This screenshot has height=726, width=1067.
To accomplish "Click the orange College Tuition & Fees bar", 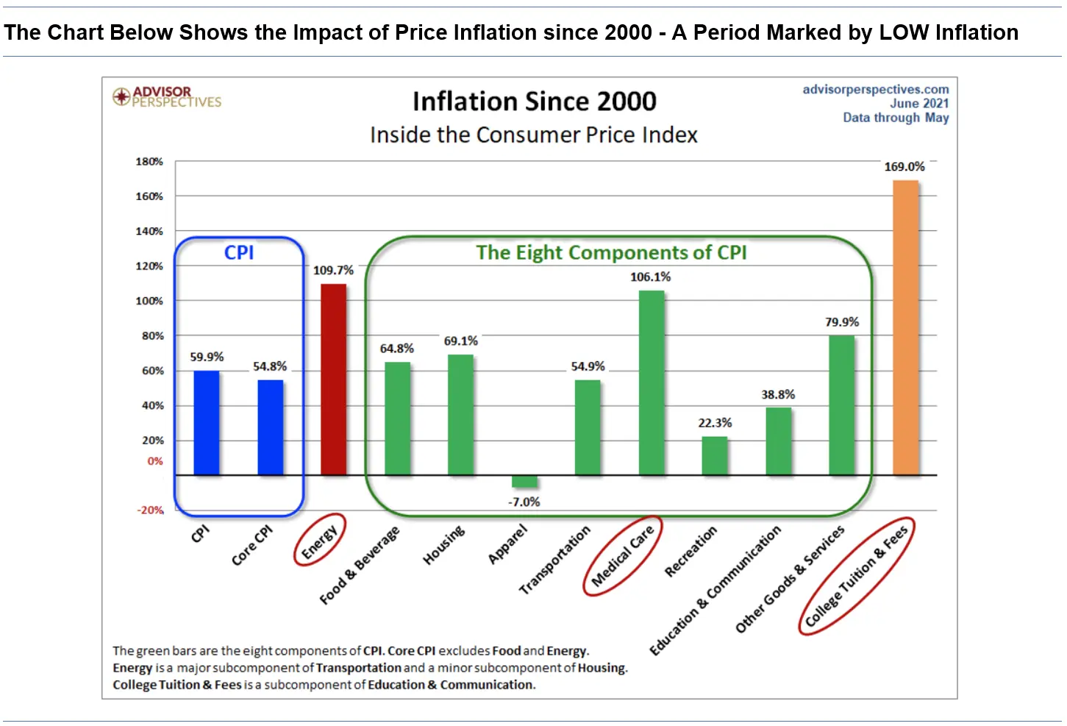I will coord(905,327).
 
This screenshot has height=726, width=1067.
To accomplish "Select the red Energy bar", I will coord(333,380).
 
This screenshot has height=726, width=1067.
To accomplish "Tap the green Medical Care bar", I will coord(651,382).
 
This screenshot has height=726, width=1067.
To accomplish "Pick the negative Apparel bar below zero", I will coord(524,482).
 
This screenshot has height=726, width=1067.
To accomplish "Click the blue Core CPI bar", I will coord(270,427).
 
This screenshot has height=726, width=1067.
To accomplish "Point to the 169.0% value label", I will coord(904,167).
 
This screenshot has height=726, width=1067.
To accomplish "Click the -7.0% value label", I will coord(524,502).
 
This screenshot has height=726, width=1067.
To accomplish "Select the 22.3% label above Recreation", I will coord(715,423).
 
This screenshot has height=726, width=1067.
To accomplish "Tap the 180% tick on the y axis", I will coord(149,161).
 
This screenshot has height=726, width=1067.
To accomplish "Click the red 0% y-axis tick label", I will coord(154,461).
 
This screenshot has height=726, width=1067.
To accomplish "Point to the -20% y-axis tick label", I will coord(151,510).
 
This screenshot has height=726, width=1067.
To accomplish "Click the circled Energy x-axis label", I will coord(319,541).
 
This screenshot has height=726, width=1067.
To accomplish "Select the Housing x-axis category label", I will coord(443,544).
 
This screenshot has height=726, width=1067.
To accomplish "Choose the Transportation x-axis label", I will coord(554,559).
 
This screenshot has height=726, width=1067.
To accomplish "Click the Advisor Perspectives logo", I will coord(167,96).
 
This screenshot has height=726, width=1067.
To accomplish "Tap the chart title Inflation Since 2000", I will coord(534,102).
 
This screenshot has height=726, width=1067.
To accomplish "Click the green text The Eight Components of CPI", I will coord(611,252).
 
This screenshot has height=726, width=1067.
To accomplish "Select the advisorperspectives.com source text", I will coord(875,89).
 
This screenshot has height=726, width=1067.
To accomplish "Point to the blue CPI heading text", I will coord(239,252).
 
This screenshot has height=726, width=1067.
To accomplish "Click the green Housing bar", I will coord(460,415).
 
